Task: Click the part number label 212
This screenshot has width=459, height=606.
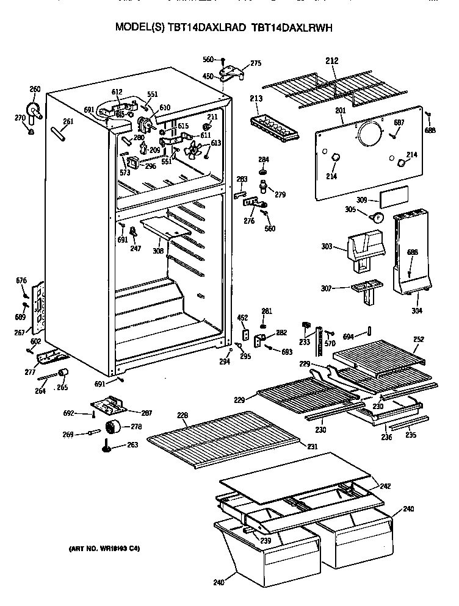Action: click(x=331, y=61)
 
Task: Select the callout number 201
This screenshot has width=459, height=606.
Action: click(x=340, y=110)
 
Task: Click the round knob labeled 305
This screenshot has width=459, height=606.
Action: click(x=377, y=216)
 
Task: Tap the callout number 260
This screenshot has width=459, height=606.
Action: click(x=35, y=89)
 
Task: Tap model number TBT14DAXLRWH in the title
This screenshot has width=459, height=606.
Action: click(x=291, y=28)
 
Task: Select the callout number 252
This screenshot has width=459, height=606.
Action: click(x=418, y=339)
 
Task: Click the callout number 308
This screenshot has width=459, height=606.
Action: click(x=158, y=250)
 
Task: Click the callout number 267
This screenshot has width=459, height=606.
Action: click(x=20, y=332)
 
